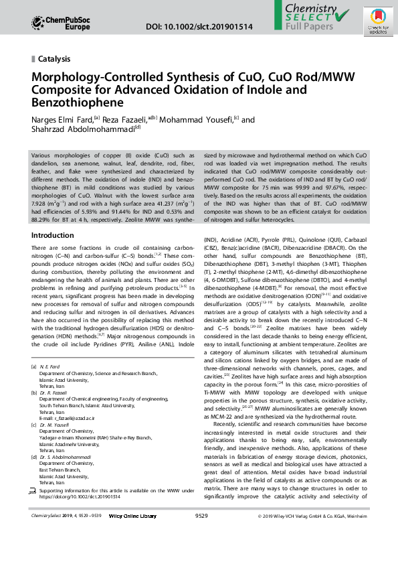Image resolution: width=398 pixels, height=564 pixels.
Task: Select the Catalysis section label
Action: point(54,59)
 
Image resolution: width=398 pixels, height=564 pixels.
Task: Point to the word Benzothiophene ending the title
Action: point(78,102)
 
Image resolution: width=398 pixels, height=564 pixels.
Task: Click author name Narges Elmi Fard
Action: point(62,119)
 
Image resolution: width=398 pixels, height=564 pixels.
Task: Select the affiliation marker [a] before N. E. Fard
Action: point(35,368)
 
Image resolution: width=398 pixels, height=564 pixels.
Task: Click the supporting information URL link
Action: point(80,497)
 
